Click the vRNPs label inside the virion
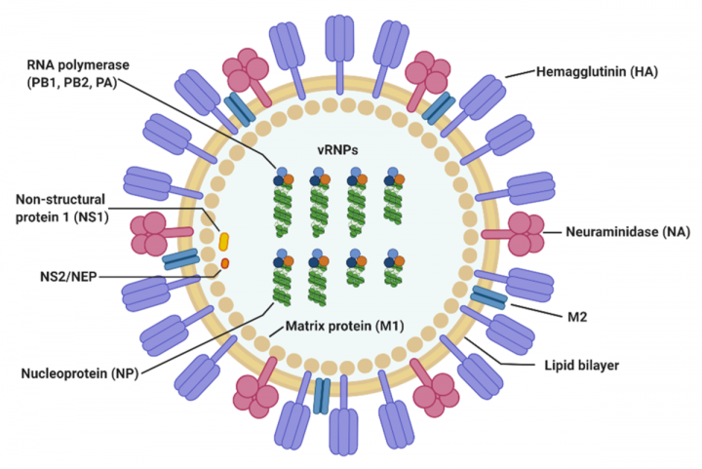pos(347,151)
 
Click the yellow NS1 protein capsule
pos(224,240)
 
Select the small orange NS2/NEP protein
pos(224,263)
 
